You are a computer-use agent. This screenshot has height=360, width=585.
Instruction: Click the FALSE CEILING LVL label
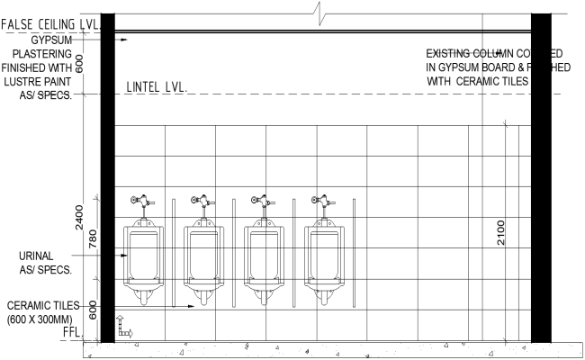pyautogui.click(x=49, y=23)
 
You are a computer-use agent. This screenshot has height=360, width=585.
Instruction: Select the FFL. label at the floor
pyautogui.click(x=72, y=333)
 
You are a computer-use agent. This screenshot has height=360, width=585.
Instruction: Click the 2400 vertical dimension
pyautogui.click(x=79, y=216)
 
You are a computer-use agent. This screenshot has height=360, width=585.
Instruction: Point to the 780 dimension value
pyautogui.click(x=94, y=238)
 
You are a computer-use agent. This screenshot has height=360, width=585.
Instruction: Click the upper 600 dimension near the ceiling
pyautogui.click(x=79, y=63)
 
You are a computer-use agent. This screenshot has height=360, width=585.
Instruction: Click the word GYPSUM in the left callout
pyautogui.click(x=52, y=40)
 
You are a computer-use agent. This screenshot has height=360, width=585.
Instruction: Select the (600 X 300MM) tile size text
pyautogui.click(x=41, y=319)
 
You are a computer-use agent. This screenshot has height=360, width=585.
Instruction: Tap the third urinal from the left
pyautogui.click(x=264, y=256)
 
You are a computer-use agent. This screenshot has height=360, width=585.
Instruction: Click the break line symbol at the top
pyautogui.click(x=319, y=12)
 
